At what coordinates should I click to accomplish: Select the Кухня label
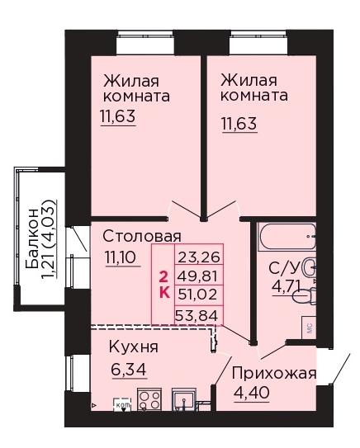pos(133,347)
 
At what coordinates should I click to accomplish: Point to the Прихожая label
pos(273,373)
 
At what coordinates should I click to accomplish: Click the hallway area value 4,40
pos(249,394)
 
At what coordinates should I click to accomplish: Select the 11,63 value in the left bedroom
pos(119,116)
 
